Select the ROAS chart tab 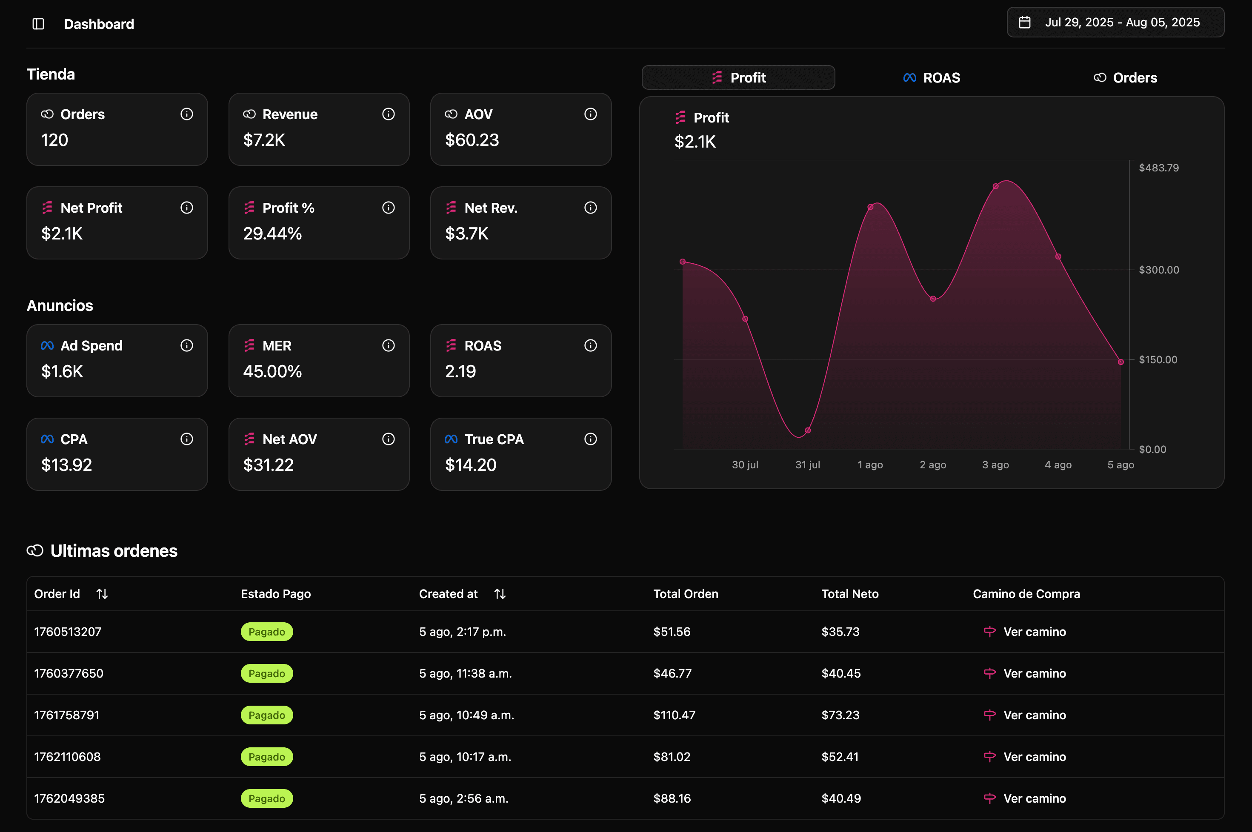click(x=932, y=78)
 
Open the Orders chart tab click(x=1125, y=78)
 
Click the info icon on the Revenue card click(x=389, y=114)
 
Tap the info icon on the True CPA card click(x=590, y=439)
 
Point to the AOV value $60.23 click(x=472, y=140)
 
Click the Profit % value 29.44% click(x=272, y=234)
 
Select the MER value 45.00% click(x=272, y=371)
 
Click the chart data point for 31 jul click(x=808, y=430)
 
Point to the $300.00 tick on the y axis click(x=1159, y=270)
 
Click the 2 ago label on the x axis click(x=932, y=465)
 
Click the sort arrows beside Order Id click(x=102, y=594)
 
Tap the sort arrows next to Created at click(x=500, y=594)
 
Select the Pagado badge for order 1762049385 click(x=266, y=798)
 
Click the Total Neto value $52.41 click(x=840, y=757)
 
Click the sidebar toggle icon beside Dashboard click(x=38, y=24)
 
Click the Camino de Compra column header click(x=1026, y=594)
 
